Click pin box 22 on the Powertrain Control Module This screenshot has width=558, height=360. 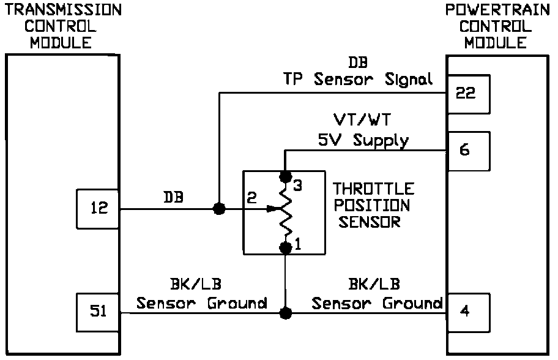coord(469,94)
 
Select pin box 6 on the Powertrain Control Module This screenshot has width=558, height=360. coord(469,150)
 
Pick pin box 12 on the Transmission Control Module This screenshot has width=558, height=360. coord(99,208)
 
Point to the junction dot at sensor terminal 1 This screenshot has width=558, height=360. coord(285,247)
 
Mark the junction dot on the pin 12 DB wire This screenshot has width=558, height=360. coord(218,209)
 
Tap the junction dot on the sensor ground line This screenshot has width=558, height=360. coord(285,313)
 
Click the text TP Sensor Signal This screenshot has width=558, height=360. coord(357,79)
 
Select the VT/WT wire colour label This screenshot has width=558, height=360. coord(363,118)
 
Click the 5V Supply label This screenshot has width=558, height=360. coord(363,140)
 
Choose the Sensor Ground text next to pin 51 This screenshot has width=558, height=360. coord(202,302)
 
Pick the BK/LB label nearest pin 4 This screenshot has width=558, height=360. coord(374,284)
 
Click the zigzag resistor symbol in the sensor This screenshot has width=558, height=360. coord(285,212)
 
